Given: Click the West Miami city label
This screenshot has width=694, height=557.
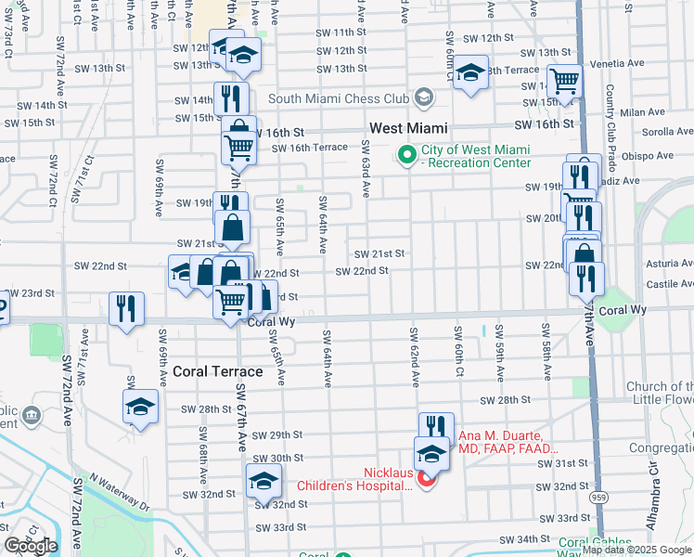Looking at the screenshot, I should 408,128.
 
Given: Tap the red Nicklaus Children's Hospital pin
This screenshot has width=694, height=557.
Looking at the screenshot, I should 427,479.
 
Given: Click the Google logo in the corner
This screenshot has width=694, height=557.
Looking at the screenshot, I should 31,546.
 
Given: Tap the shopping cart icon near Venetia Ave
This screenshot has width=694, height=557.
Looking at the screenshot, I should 564,81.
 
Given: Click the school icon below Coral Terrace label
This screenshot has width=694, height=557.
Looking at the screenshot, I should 140,407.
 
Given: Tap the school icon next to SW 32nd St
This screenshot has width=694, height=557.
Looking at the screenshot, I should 263,480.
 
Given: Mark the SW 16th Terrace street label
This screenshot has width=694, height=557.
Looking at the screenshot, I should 310,148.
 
